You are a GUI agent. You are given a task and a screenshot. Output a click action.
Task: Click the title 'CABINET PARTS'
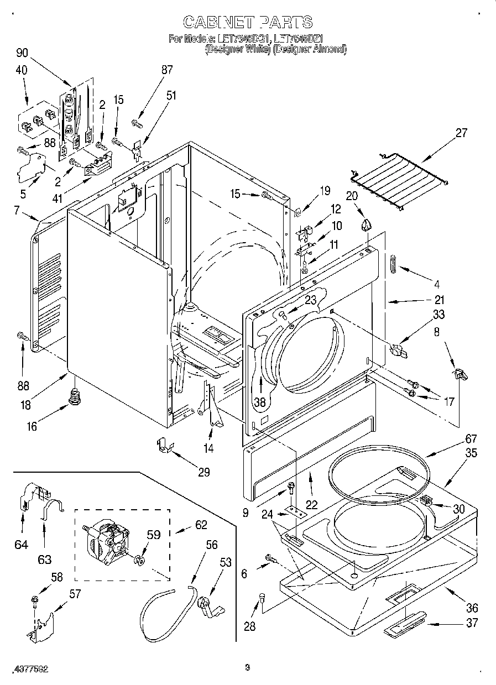click(247, 22)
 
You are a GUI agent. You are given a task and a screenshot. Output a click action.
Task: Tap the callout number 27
click(461, 133)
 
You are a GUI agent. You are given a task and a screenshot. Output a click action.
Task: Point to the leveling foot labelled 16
click(72, 396)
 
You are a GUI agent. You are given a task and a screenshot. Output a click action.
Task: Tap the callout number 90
click(22, 53)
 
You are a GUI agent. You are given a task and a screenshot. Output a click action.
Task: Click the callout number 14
click(208, 449)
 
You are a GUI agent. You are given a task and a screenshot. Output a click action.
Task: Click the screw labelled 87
click(136, 121)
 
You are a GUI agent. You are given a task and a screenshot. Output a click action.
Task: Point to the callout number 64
click(21, 545)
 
